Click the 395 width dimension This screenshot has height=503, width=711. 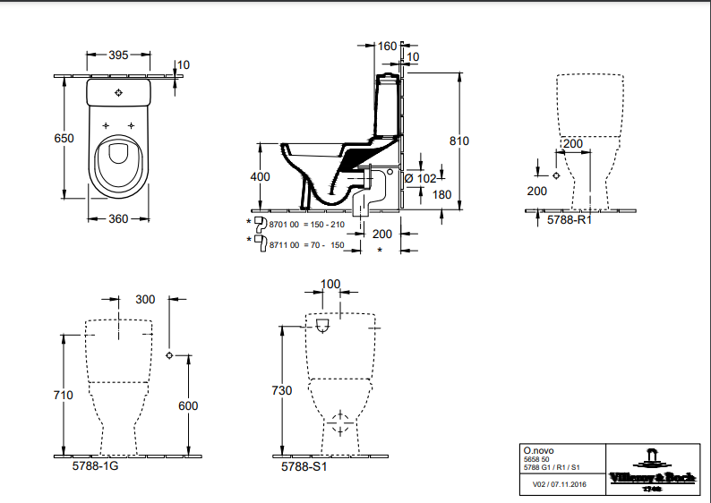coord(118,55)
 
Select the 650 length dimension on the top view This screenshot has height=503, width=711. coord(64,138)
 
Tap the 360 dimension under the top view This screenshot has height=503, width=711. coord(118,218)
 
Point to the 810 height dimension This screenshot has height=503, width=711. coord(459,141)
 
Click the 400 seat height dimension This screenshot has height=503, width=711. coord(260,177)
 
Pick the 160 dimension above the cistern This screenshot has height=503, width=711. coord(387,46)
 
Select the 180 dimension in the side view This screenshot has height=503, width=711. coord(441,195)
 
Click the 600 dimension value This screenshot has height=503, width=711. coord(188,405)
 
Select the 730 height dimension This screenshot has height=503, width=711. coord(283,390)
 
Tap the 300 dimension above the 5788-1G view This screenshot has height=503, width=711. coord(145,299)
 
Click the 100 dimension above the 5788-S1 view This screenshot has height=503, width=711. coord(330,284)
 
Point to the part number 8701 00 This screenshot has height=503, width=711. coord(283,223)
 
